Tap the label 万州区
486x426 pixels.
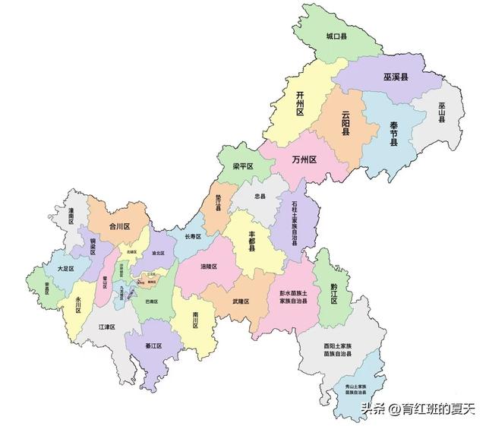(x=304, y=159)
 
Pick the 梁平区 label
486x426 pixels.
(x=242, y=166)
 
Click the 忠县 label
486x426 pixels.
(x=260, y=196)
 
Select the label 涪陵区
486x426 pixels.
(x=209, y=267)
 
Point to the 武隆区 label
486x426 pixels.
(x=241, y=301)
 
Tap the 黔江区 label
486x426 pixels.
(x=333, y=292)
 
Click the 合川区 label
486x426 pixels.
(x=120, y=226)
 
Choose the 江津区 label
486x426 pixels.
(x=106, y=327)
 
